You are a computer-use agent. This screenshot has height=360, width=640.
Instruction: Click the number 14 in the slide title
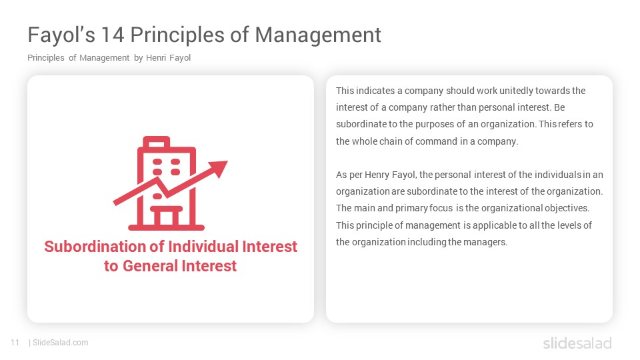(112, 35)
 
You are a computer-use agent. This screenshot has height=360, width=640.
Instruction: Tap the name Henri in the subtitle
(156, 58)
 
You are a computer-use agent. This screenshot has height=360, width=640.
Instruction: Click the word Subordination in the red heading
(95, 247)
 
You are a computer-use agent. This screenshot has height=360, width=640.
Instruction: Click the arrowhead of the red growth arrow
(218, 168)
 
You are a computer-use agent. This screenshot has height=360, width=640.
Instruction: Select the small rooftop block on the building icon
(156, 141)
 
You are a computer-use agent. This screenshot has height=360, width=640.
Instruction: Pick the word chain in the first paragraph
(391, 141)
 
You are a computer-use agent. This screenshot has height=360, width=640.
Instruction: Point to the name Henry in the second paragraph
(377, 175)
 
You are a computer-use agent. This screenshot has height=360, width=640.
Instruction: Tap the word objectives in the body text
(567, 208)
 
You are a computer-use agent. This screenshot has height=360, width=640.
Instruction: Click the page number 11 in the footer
(15, 343)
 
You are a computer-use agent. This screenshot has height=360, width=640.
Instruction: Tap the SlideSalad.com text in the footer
(61, 343)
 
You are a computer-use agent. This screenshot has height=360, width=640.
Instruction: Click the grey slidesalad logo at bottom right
(577, 343)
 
